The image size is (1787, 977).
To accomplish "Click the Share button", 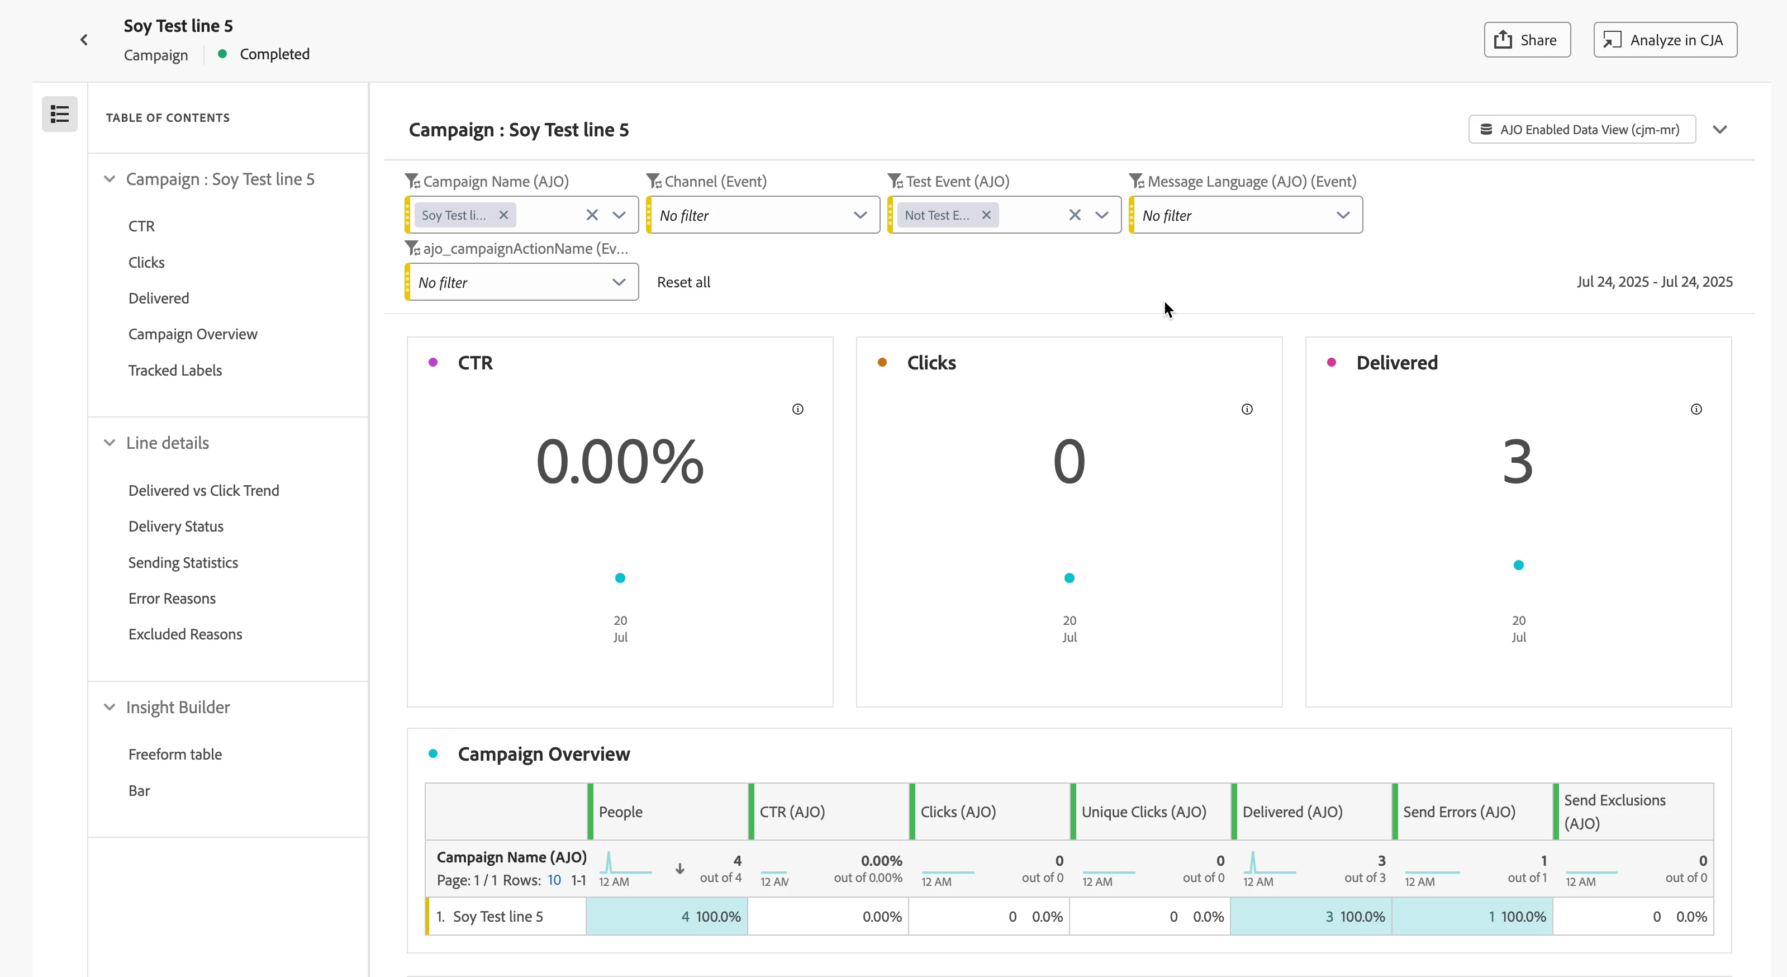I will click(1527, 40).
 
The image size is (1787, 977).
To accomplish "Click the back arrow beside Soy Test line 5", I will click(84, 40).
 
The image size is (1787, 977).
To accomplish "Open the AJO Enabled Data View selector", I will click(1582, 130).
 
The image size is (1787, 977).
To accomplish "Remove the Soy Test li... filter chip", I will click(503, 215).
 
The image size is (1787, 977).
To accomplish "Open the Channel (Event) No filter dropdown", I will click(762, 215).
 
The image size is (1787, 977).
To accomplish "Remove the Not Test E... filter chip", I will click(986, 215).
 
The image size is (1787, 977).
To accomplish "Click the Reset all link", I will click(683, 282).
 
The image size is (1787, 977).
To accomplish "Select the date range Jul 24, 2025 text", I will click(1655, 282).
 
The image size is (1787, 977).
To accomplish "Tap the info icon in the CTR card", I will click(798, 409).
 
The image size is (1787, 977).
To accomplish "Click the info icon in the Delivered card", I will click(1696, 409).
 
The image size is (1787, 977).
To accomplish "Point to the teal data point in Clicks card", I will click(1069, 578).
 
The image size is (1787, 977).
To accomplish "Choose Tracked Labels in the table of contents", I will click(175, 371).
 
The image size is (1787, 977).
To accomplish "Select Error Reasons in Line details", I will click(172, 598).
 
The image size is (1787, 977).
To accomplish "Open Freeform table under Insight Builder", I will click(175, 754).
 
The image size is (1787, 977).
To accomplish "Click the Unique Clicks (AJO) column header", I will click(1144, 812).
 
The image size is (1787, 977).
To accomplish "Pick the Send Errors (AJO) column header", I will click(1459, 812).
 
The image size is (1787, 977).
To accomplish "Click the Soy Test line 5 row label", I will click(497, 917).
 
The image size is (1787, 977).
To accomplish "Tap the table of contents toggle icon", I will click(60, 114).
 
